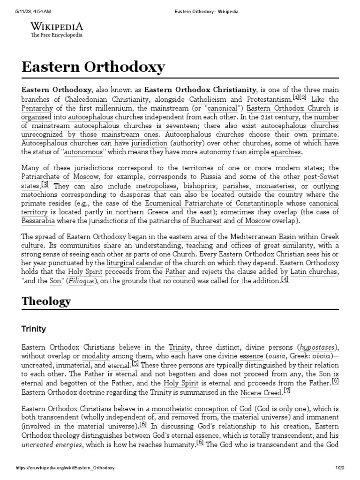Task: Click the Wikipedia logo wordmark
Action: point(57,26)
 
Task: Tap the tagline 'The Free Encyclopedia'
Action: point(57,35)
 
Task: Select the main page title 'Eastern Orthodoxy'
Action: point(93,67)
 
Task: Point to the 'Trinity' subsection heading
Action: point(34,329)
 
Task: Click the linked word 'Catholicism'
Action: point(207,99)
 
